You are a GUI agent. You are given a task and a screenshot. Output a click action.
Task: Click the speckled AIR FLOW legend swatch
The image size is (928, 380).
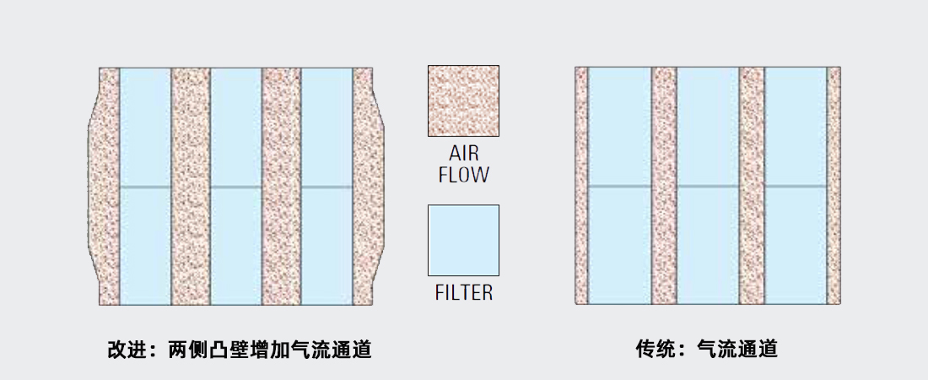[x=463, y=100]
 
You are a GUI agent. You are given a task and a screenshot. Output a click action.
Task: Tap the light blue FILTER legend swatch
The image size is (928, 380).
[x=463, y=240]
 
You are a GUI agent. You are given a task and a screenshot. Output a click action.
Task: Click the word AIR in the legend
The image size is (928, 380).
[x=463, y=154]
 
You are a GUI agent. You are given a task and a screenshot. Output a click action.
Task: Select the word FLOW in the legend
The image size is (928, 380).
[x=463, y=175]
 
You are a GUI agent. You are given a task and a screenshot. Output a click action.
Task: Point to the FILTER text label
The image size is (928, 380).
[x=463, y=292]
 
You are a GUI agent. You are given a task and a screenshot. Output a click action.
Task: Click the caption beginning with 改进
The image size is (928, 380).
[x=240, y=349]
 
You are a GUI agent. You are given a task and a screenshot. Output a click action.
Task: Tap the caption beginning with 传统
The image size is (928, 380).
[x=707, y=349]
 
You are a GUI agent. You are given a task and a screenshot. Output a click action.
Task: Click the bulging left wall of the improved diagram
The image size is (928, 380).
[x=104, y=186]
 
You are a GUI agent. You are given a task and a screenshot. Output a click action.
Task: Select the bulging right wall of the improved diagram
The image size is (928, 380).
[x=368, y=186]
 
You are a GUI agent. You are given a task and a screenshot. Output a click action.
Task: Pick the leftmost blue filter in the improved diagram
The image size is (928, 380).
[x=146, y=186]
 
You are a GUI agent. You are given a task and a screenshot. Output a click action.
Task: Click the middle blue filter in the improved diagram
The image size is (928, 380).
[x=236, y=186]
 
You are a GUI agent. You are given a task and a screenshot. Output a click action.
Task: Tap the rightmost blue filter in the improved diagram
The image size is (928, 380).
[x=326, y=186]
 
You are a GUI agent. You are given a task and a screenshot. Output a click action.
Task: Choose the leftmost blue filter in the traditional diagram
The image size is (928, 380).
[x=620, y=186]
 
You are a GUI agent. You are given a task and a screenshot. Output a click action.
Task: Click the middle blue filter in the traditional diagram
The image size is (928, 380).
[x=708, y=186]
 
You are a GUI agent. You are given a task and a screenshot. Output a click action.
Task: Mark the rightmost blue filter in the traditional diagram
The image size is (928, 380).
[x=796, y=186]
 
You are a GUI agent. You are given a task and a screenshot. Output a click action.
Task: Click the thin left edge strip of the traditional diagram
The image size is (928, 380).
[x=581, y=186]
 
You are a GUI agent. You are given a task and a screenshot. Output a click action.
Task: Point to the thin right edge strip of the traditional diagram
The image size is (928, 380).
[x=834, y=186]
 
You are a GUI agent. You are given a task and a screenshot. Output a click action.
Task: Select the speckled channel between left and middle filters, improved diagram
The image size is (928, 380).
[x=192, y=186]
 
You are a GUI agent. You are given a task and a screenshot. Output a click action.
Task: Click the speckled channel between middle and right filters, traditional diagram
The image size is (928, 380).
[x=752, y=186]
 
